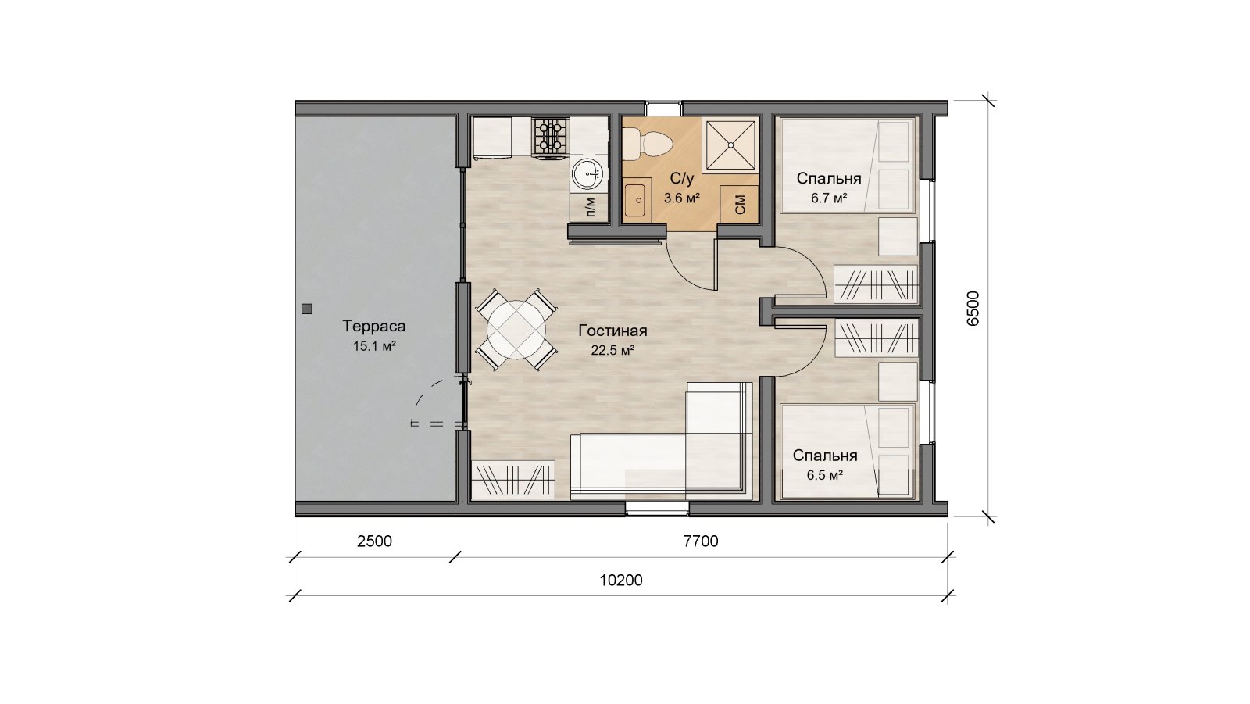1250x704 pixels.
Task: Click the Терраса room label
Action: coord(374,326)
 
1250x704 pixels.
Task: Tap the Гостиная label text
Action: coord(612,331)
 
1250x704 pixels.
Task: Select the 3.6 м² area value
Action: coord(682,198)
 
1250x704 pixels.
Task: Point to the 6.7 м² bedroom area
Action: coord(829,198)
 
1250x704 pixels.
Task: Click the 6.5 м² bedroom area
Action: coord(825,476)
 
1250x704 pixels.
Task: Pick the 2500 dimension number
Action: coord(374,541)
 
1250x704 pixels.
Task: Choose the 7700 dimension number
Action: coord(701,541)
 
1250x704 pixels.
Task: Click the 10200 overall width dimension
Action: coord(621,581)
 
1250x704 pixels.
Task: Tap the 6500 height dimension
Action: coord(973,308)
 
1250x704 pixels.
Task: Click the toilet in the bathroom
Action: coord(648,143)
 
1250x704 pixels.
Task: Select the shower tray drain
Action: coord(730,145)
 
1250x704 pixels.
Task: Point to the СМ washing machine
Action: coord(739,205)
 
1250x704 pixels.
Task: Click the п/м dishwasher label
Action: coord(591,206)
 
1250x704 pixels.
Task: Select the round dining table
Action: coord(516,330)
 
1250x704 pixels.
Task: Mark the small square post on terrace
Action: coord(306,309)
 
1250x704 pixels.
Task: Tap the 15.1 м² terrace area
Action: coord(374,346)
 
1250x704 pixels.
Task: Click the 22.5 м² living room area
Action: coord(612,351)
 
